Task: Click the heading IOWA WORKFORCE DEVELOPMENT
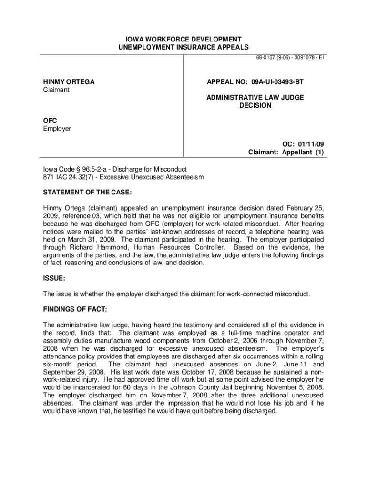[183, 39]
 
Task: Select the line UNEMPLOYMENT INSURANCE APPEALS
[183, 47]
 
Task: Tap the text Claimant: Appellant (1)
[286, 152]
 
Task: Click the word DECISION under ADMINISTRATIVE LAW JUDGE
[255, 105]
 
